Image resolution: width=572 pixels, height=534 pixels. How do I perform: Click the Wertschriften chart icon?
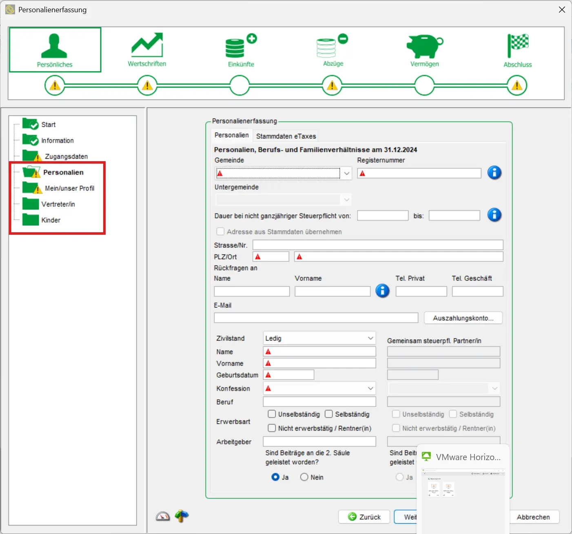pyautogui.click(x=147, y=45)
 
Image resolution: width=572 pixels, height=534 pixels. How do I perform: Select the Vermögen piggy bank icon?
pyautogui.click(x=424, y=46)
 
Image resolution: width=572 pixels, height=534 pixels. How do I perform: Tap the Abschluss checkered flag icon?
pyautogui.click(x=517, y=45)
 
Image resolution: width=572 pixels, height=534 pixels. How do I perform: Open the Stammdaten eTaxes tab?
pyautogui.click(x=286, y=136)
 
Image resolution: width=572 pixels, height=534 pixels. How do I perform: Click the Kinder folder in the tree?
pyautogui.click(x=51, y=220)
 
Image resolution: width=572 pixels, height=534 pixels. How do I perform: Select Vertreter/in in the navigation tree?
pyautogui.click(x=58, y=204)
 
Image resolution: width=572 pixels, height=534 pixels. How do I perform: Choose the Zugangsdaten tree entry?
pyautogui.click(x=66, y=156)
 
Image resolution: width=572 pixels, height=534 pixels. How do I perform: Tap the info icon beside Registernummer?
pyautogui.click(x=494, y=173)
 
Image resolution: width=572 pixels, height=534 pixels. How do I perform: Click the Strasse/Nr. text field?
pyautogui.click(x=377, y=245)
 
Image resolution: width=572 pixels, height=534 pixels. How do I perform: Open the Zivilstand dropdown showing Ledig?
pyautogui.click(x=319, y=338)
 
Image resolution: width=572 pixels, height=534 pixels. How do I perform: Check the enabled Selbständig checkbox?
pyautogui.click(x=329, y=414)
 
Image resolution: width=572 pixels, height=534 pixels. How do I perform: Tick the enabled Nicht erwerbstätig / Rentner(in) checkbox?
pyautogui.click(x=272, y=428)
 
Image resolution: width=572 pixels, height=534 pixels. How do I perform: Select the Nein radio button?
pyautogui.click(x=304, y=477)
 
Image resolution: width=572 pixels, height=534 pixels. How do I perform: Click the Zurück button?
pyautogui.click(x=364, y=517)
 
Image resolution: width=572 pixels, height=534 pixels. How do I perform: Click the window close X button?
pyautogui.click(x=562, y=9)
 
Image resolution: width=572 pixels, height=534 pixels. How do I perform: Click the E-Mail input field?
pyautogui.click(x=316, y=318)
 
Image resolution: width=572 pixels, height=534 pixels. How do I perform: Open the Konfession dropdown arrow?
pyautogui.click(x=370, y=388)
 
